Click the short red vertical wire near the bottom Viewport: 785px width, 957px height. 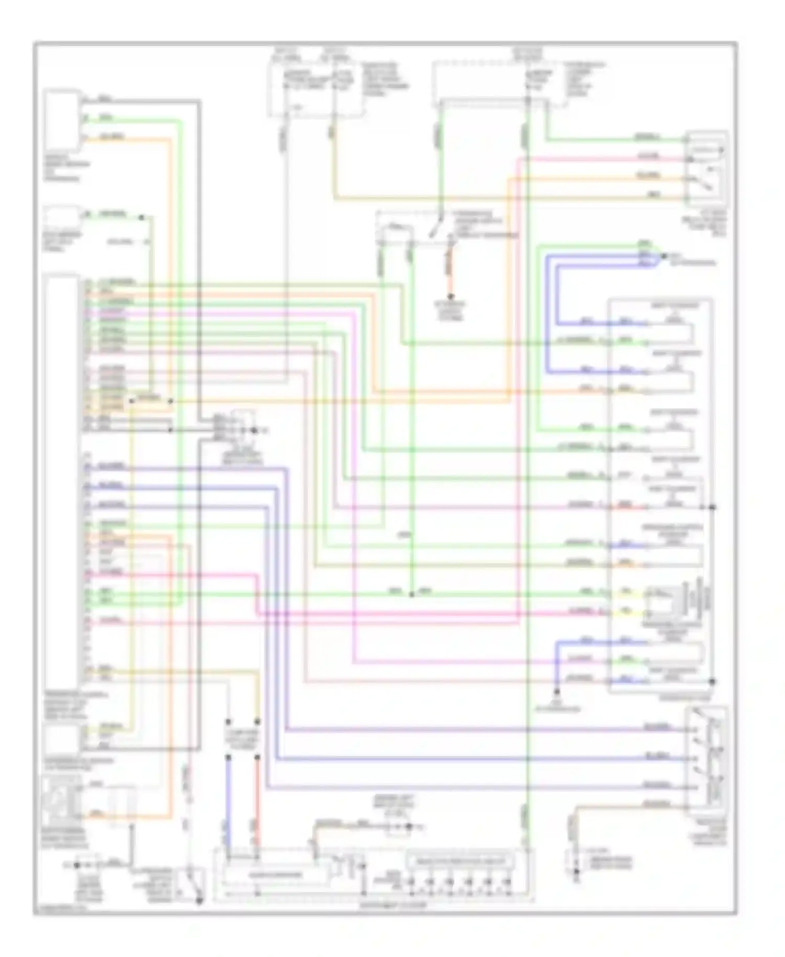pyautogui.click(x=257, y=785)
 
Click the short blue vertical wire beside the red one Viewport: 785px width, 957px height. pyautogui.click(x=228, y=785)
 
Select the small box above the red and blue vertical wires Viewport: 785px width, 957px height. pyautogui.click(x=242, y=739)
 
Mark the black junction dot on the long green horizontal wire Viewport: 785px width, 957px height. pyautogui.click(x=411, y=595)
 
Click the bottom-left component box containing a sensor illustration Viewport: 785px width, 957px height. pyautogui.click(x=62, y=801)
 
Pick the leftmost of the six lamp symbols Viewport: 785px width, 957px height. pyautogui.click(x=411, y=883)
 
